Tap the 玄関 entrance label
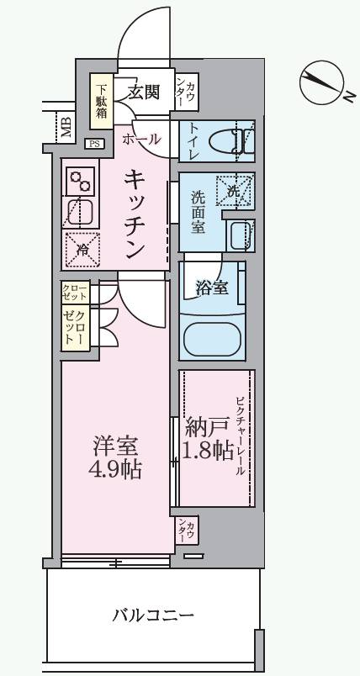[144, 92]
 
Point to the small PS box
[93, 144]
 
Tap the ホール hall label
[141, 140]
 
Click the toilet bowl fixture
[230, 140]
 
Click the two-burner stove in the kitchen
[81, 181]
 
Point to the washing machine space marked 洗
[234, 189]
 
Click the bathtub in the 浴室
[213, 337]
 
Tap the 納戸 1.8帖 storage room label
[207, 437]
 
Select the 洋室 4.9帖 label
[114, 457]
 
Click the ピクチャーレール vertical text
[240, 436]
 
